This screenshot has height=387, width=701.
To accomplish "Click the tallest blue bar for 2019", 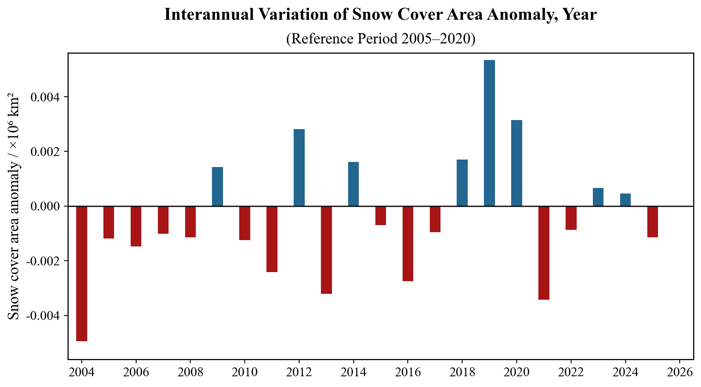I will click(489, 133).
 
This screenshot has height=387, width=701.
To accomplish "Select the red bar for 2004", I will click(82, 273).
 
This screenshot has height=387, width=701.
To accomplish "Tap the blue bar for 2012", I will click(299, 167).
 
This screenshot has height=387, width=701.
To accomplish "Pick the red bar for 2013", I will click(326, 250).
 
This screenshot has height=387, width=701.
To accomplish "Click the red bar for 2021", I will click(544, 253).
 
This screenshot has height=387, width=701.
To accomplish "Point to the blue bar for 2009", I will click(217, 186).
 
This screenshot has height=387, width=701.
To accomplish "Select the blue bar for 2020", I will click(516, 163).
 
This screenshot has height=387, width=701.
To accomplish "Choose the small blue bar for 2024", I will click(625, 200).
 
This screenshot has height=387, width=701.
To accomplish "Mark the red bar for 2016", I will click(408, 243).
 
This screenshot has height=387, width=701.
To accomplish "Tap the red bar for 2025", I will click(652, 222).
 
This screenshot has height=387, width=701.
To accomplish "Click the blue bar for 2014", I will click(353, 184).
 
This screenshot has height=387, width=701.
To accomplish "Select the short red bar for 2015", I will click(380, 216).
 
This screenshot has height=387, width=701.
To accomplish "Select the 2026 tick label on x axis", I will click(679, 372).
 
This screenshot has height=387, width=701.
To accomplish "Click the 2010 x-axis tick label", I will click(244, 372).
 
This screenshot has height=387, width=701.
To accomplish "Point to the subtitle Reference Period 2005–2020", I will click(380, 39).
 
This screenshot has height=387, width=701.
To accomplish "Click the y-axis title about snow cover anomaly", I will click(14, 206).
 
